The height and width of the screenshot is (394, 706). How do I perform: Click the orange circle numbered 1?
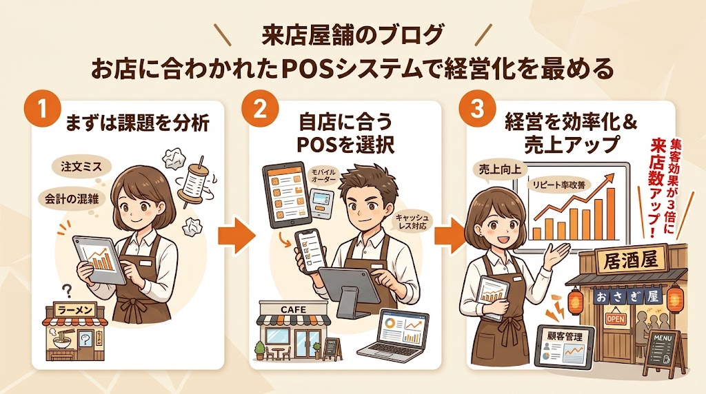coord(42,113)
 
